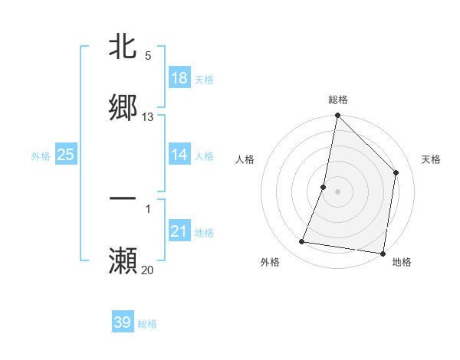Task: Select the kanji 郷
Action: pyautogui.click(x=123, y=107)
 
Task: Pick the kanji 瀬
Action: pyautogui.click(x=123, y=260)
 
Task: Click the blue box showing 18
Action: pyautogui.click(x=179, y=78)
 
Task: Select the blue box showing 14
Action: pyautogui.click(x=179, y=155)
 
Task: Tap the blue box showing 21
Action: pyautogui.click(x=179, y=231)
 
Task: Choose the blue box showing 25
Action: pyautogui.click(x=66, y=155)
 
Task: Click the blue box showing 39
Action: pyautogui.click(x=123, y=322)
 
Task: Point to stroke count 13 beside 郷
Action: pyautogui.click(x=148, y=117)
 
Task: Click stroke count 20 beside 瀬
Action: pyautogui.click(x=148, y=270)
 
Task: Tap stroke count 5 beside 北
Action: pyautogui.click(x=148, y=56)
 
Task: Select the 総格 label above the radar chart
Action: pyautogui.click(x=338, y=100)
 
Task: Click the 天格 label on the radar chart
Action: pyautogui.click(x=431, y=159)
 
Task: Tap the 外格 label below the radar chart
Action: pyautogui.click(x=270, y=262)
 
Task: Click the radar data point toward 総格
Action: pyautogui.click(x=337, y=116)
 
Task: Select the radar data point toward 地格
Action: pyautogui.click(x=383, y=253)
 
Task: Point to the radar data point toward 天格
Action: pyautogui.click(x=396, y=172)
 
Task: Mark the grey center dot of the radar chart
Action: pyautogui.click(x=338, y=191)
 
